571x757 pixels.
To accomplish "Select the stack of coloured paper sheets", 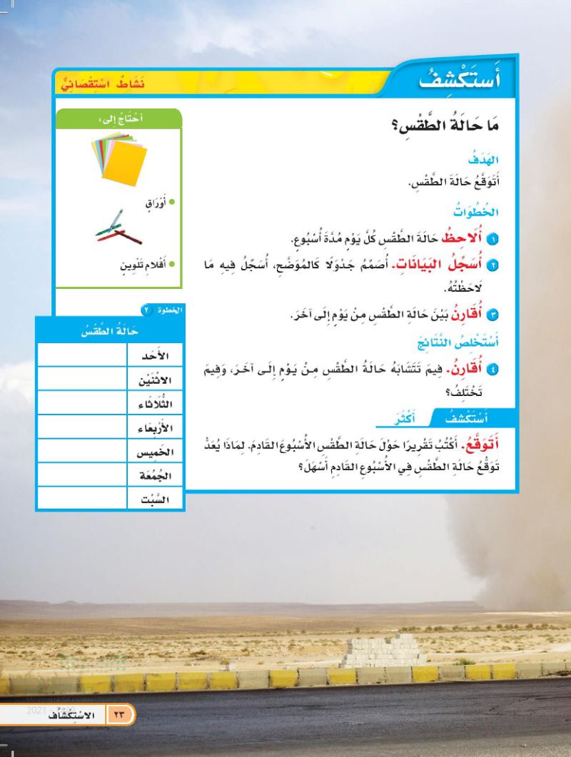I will click(x=119, y=157).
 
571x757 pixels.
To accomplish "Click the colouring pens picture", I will click(x=118, y=228).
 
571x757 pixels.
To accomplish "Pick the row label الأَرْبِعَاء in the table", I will click(x=156, y=427).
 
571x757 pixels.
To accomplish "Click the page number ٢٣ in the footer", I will click(x=118, y=714).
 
